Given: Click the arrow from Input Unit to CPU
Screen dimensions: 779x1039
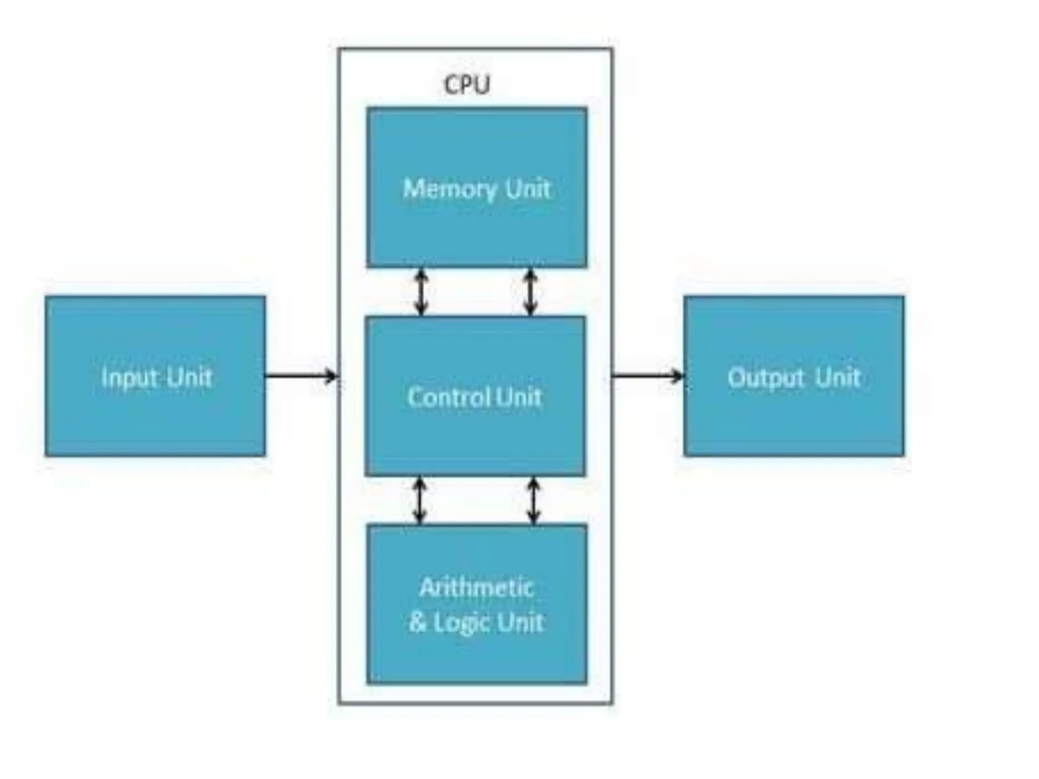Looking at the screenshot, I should click(301, 376).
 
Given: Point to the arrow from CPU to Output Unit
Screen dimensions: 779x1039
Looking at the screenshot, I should click(647, 376).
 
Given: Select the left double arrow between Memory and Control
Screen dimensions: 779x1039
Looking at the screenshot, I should click(421, 292).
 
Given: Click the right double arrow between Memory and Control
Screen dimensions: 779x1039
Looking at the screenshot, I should click(530, 292).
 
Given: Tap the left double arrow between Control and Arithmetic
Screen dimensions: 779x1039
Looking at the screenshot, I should click(419, 500).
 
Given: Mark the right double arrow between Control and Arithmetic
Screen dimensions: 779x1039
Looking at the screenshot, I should click(533, 500).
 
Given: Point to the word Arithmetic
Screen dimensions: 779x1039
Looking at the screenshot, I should click(476, 588).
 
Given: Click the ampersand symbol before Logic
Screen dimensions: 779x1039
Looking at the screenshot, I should click(417, 622).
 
